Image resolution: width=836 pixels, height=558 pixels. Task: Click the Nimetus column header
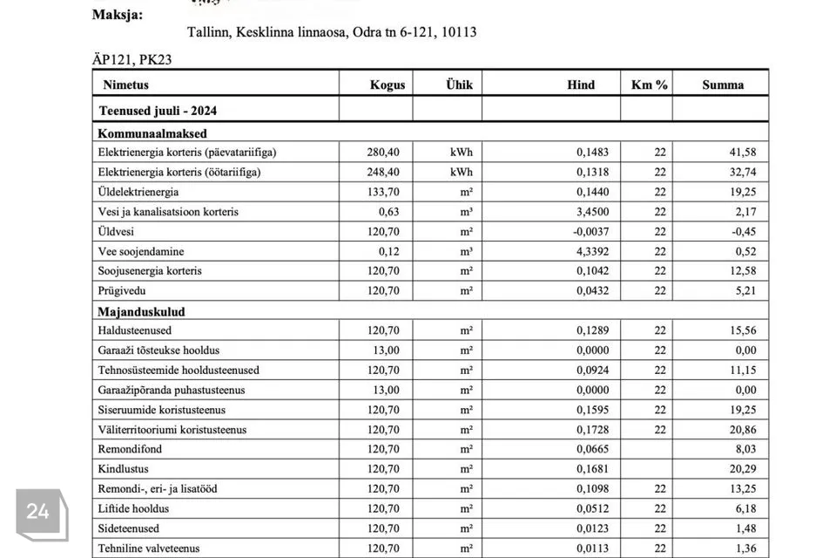click(x=126, y=85)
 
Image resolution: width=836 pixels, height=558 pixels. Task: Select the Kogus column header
click(x=387, y=85)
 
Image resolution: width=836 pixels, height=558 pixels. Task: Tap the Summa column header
click(x=723, y=85)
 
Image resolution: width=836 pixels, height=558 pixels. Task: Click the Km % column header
click(x=649, y=85)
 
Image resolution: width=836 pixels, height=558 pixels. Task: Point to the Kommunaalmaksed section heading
click(x=152, y=133)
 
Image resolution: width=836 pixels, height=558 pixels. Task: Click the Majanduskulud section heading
click(x=142, y=311)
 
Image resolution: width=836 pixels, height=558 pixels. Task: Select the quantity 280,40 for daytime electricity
click(x=383, y=153)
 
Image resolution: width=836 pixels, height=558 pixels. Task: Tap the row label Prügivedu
click(x=123, y=291)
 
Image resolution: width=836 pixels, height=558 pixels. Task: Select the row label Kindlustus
click(x=124, y=469)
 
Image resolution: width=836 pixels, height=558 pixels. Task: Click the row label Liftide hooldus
click(x=134, y=509)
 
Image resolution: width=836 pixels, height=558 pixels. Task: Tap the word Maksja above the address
click(x=118, y=15)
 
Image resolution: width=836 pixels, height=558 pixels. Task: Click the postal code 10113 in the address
click(x=458, y=32)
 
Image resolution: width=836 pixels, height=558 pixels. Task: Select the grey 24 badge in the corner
click(x=37, y=512)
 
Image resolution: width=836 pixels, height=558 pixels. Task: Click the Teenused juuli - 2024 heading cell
click(x=158, y=111)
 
